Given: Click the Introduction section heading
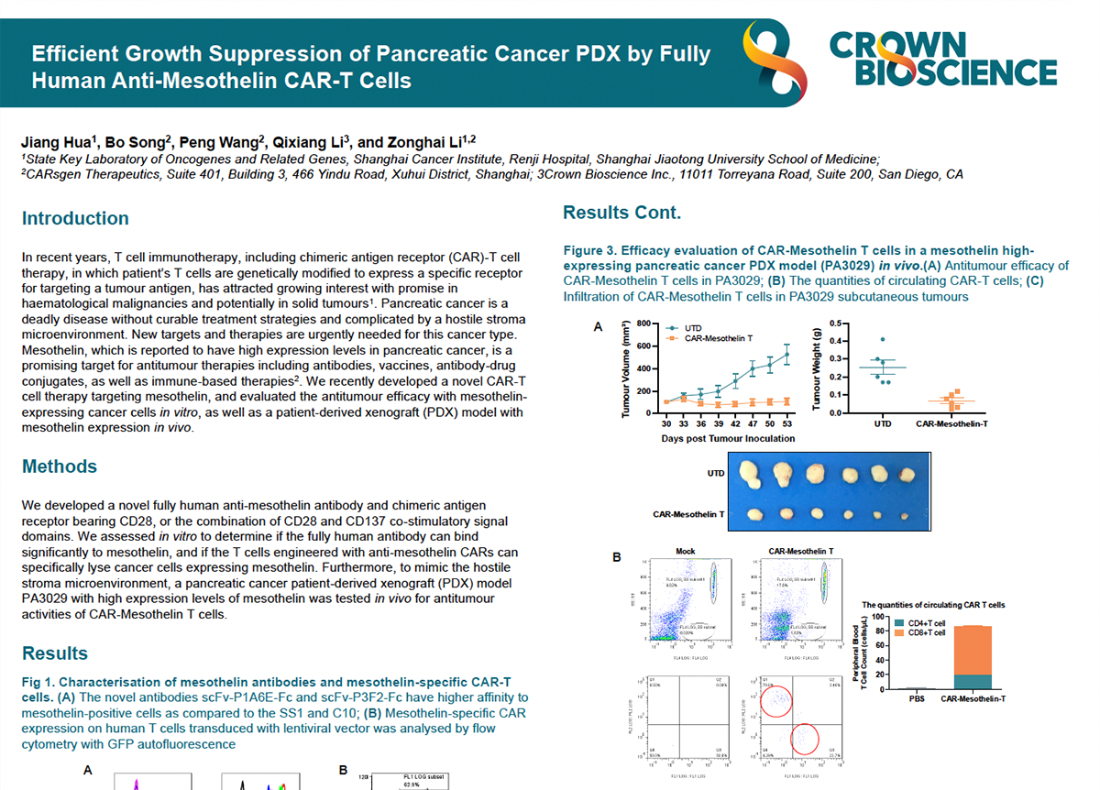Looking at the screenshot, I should pyautogui.click(x=75, y=218).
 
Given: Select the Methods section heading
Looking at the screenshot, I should pyautogui.click(x=60, y=466).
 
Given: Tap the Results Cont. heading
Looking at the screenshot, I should pyautogui.click(x=621, y=213).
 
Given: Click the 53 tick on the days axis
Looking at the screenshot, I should pyautogui.click(x=786, y=423).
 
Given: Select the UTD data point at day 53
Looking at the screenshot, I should pyautogui.click(x=786, y=354).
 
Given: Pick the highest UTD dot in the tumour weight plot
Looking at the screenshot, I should pyautogui.click(x=882, y=340).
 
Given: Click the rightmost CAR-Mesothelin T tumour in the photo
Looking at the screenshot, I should pyautogui.click(x=905, y=515).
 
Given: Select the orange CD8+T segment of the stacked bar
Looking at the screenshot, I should pyautogui.click(x=971, y=650).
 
